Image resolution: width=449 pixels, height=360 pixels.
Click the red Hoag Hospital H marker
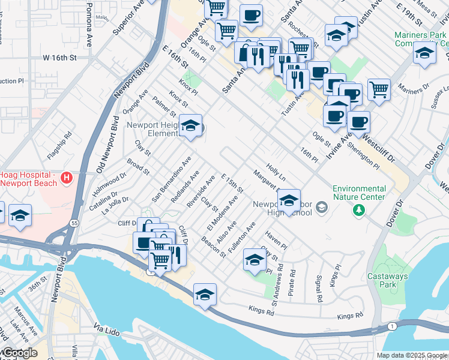67,178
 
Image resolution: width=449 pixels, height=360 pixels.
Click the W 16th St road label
60,58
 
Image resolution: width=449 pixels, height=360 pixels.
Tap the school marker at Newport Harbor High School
289,201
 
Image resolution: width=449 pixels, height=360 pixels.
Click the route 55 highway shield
74,223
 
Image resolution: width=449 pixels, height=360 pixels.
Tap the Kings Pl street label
338,275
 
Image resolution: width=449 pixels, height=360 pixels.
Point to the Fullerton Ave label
247,236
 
